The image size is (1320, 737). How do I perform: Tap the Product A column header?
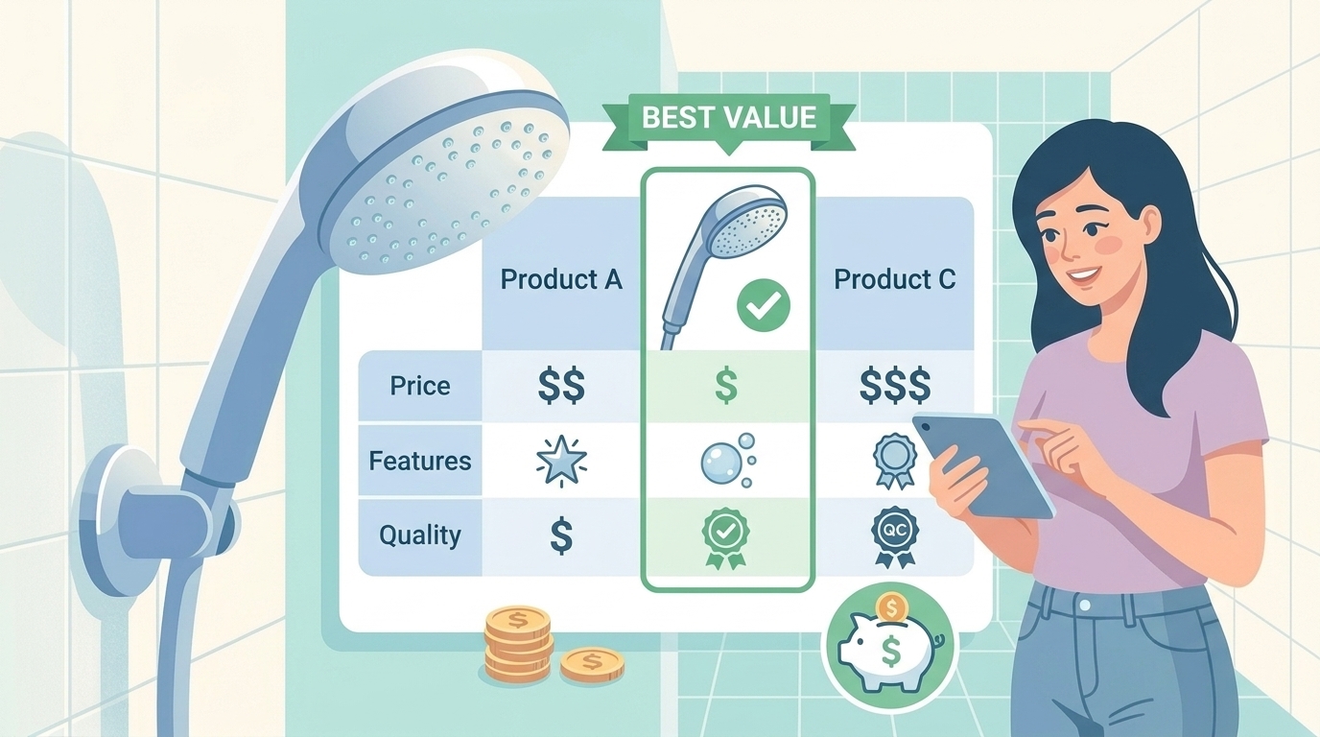[x=561, y=279]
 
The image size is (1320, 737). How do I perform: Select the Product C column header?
[x=894, y=279]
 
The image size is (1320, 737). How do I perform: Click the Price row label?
[x=420, y=386]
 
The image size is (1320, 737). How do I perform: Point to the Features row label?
[x=420, y=461]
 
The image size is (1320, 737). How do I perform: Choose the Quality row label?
[x=420, y=535]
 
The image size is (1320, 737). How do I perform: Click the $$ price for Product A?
[x=561, y=385]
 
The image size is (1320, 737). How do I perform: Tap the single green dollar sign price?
[x=726, y=385]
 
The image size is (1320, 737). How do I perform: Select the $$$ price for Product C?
[x=895, y=385]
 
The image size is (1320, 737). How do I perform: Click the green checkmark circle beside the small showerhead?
[x=764, y=305]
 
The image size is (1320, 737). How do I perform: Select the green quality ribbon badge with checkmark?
[x=725, y=538]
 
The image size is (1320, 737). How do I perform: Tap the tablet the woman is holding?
[x=983, y=465]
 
